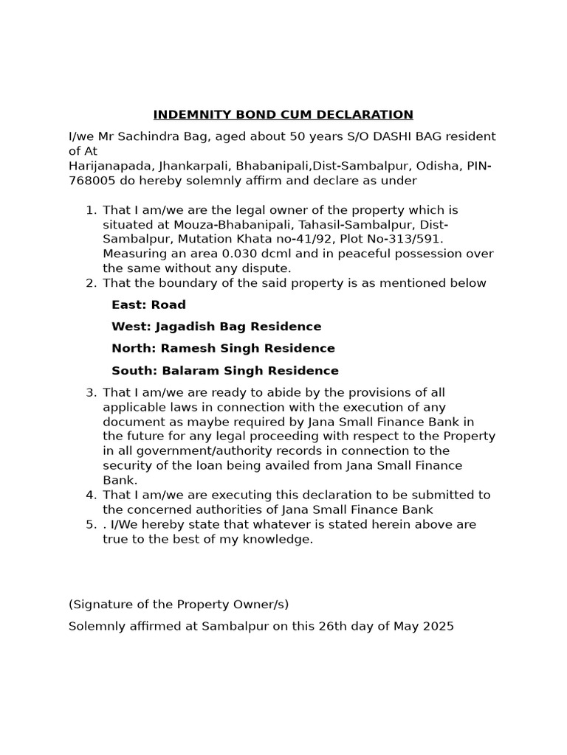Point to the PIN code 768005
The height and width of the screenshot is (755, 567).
pyautogui.click(x=90, y=181)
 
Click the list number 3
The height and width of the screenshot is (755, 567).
pyautogui.click(x=91, y=392)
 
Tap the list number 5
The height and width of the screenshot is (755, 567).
pyautogui.click(x=91, y=524)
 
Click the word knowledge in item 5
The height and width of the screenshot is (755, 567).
pyautogui.click(x=281, y=539)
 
